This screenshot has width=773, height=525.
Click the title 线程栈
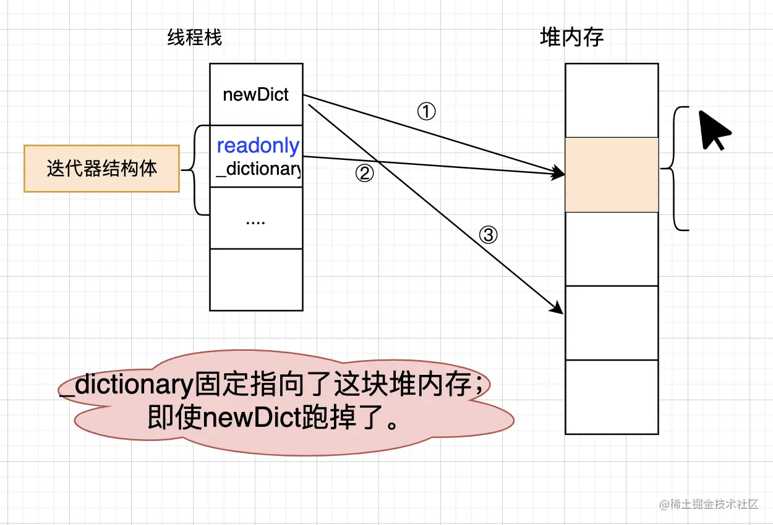[x=194, y=38]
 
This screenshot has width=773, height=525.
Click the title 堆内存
[x=571, y=38]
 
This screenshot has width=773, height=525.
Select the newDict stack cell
[x=256, y=95]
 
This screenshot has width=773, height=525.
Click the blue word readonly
[x=258, y=146]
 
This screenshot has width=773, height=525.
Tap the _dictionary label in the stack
[x=258, y=169]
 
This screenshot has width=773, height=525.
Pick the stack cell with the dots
[x=256, y=219]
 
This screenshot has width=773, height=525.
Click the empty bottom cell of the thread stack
[x=256, y=279]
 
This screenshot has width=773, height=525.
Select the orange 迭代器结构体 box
[x=101, y=169]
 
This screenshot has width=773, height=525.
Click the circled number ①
[x=427, y=112]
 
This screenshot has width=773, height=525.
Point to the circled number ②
[x=365, y=174]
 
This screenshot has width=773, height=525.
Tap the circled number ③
[x=489, y=235]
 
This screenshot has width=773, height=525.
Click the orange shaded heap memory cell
[x=612, y=174]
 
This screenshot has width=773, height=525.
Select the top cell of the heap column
[x=612, y=100]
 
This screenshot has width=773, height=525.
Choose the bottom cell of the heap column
[x=612, y=397]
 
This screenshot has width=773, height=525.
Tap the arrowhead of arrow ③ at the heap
[x=558, y=309]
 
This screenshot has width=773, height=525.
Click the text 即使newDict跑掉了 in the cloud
[x=272, y=419]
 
